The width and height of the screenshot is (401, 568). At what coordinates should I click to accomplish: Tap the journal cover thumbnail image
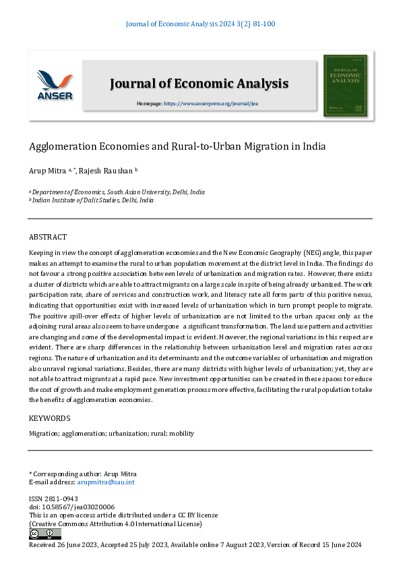point(345,86)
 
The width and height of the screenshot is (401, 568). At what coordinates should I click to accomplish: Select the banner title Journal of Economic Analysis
point(199,84)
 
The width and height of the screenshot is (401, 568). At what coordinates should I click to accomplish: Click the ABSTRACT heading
point(48,237)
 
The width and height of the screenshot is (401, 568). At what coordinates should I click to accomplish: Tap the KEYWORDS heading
point(49,418)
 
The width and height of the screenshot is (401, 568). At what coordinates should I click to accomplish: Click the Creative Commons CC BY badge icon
point(45,534)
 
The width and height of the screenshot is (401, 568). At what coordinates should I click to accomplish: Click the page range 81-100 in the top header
point(261,24)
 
